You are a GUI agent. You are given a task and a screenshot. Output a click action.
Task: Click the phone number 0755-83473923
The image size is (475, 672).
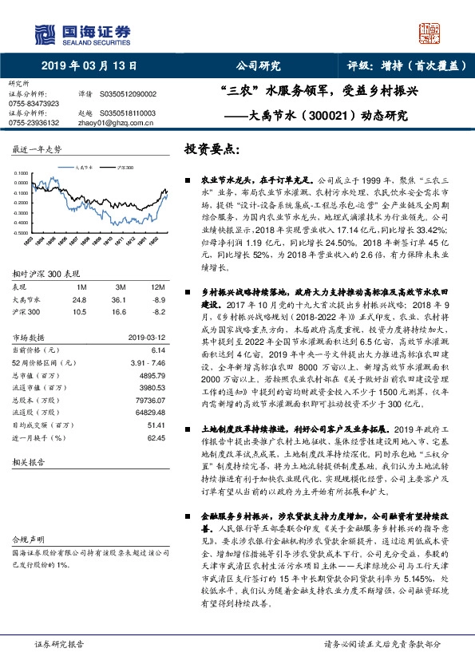pos(34,104)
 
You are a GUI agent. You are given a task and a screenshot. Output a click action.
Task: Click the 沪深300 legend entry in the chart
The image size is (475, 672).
pos(125,168)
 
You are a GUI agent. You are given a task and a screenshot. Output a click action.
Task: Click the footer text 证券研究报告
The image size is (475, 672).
pos(59,643)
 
